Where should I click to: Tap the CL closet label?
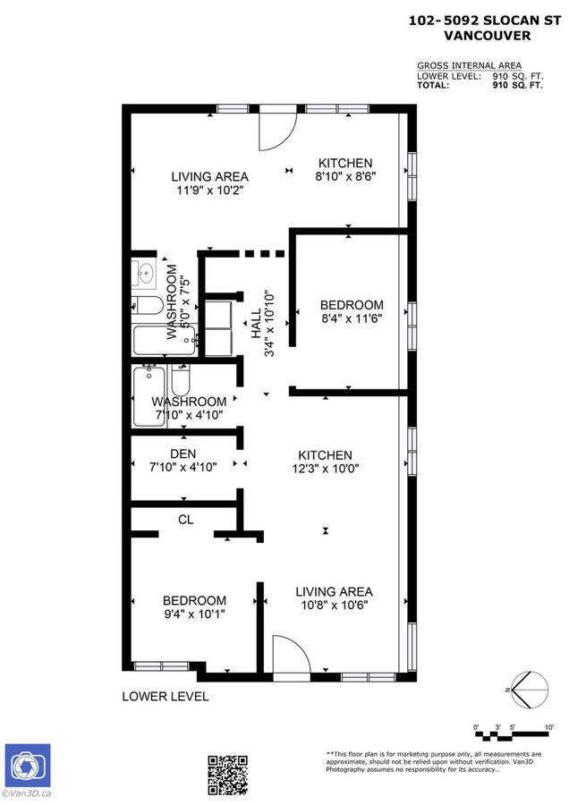186,519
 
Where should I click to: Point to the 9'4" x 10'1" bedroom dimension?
194,614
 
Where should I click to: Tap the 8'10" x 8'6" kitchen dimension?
345,176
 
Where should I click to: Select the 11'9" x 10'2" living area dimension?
209,190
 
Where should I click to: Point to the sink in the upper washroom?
148,270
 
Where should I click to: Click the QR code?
227,775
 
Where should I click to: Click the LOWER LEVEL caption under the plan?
166,696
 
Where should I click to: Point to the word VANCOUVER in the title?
487,36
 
